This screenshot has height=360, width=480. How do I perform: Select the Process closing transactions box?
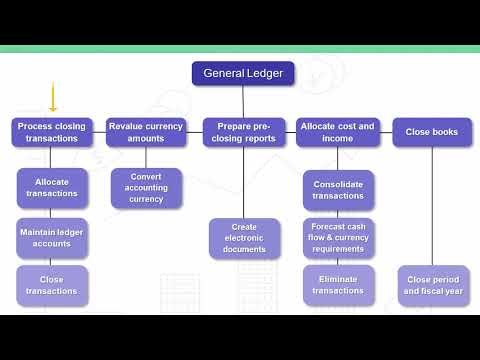point(52,133)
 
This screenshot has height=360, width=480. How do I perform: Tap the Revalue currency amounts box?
point(146,133)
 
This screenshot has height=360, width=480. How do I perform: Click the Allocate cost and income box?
point(336,133)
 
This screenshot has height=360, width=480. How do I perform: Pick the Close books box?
point(432,133)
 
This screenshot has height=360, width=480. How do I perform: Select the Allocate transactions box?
point(52,188)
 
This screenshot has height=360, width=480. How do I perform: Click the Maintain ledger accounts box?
point(52,239)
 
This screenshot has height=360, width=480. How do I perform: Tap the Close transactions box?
point(52,285)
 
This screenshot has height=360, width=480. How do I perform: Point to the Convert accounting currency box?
point(146,188)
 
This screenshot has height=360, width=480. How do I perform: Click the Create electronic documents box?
point(244,239)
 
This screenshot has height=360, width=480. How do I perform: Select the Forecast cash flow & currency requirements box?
point(338,239)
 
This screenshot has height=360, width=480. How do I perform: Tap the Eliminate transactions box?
point(338,285)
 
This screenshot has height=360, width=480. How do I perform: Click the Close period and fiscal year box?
point(432,285)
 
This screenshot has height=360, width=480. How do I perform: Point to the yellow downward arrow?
point(52,99)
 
